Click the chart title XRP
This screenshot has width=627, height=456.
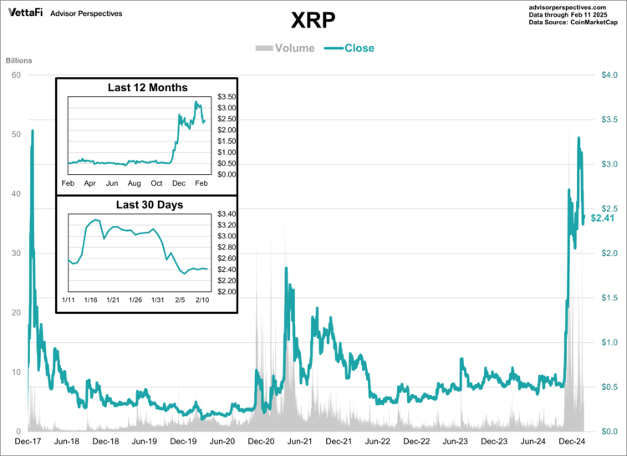313,19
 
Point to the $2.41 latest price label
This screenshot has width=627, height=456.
603,218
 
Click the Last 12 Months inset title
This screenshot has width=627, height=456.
148,88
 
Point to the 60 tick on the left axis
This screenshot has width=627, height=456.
16,75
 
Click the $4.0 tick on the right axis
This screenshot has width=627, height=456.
609,75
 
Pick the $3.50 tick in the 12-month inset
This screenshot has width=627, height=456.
227,97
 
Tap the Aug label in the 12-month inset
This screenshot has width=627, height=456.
134,182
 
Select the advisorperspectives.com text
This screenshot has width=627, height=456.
573,6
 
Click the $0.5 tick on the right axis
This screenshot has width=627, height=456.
609,387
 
